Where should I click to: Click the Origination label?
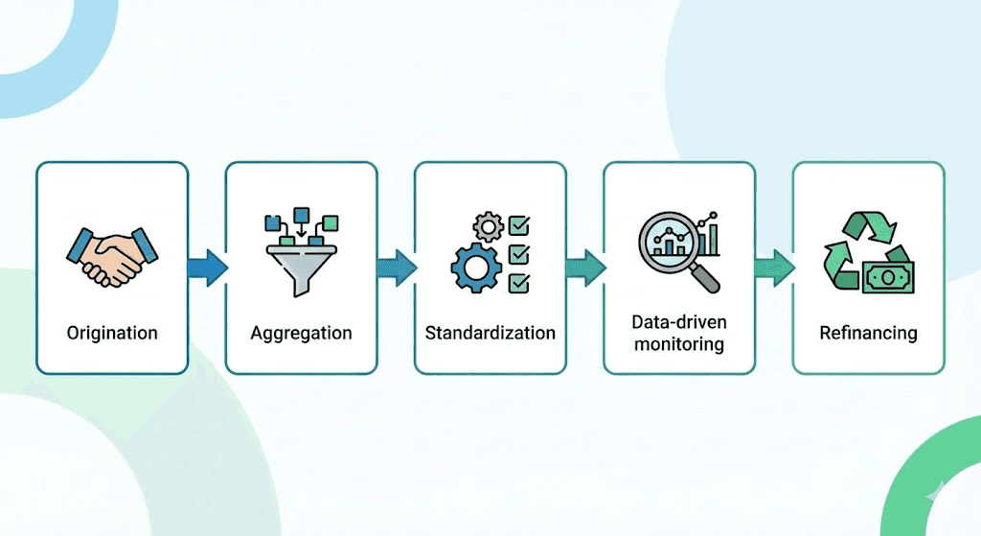(x=112, y=334)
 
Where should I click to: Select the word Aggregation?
(x=301, y=334)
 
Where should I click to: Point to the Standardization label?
(x=490, y=334)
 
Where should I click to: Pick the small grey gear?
(x=489, y=227)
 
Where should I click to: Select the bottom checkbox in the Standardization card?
(x=518, y=283)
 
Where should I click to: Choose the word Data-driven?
(x=678, y=322)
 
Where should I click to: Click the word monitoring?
(x=678, y=343)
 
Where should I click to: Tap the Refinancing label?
(x=868, y=334)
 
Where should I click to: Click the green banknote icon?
(x=886, y=279)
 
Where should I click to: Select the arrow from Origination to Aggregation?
(x=207, y=268)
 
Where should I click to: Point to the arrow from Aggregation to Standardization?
(x=396, y=268)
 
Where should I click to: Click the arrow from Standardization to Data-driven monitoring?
(x=584, y=268)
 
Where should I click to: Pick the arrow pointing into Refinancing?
(x=773, y=268)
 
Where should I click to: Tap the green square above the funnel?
(x=331, y=222)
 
